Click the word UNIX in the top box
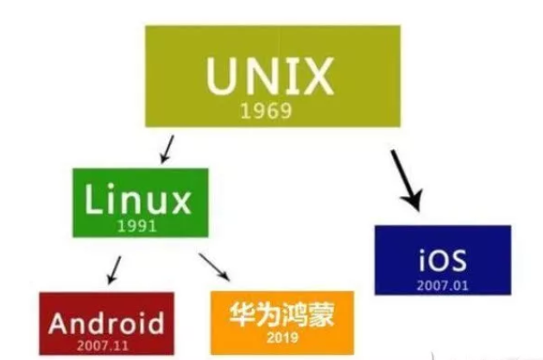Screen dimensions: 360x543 click(x=269, y=77)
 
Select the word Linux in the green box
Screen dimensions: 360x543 click(x=137, y=201)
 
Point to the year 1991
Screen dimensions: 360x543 click(x=138, y=225)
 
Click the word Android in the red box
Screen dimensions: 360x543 click(x=106, y=324)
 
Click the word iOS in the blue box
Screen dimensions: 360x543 click(x=441, y=260)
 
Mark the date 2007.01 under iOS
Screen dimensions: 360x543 click(x=441, y=282)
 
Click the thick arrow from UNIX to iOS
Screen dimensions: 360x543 click(x=405, y=180)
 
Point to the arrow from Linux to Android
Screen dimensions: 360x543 click(x=112, y=269)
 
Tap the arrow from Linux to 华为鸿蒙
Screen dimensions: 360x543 click(x=214, y=266)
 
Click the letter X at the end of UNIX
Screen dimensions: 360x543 click(x=316, y=77)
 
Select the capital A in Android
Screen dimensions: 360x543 click(x=58, y=324)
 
